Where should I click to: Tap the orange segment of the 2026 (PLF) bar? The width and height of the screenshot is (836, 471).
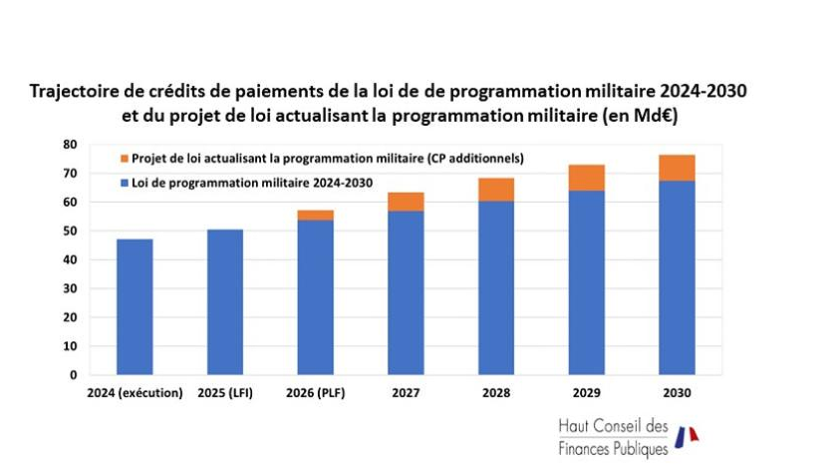315,215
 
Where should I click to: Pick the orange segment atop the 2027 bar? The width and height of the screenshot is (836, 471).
406,202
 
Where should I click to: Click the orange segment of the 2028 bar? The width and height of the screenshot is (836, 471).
495,190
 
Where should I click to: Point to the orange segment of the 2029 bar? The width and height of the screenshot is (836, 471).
586,178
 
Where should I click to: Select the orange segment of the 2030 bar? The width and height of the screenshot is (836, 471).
677,168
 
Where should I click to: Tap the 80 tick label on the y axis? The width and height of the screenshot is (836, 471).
69,145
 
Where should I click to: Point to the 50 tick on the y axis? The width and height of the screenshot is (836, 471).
69,232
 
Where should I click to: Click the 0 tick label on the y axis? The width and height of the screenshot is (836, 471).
72,375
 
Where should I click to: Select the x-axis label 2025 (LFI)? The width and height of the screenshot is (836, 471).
224,392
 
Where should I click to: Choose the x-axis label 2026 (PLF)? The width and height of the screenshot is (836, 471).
315,392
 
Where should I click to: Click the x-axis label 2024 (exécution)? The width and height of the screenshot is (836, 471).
135,392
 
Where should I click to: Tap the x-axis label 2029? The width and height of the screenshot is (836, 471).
586,392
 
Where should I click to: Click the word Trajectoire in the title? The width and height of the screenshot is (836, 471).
73,92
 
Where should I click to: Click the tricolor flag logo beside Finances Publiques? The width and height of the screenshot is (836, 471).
687,435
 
